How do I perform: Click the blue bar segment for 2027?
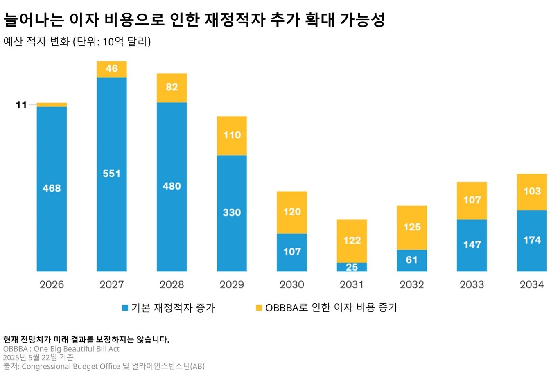pyautogui.click(x=111, y=174)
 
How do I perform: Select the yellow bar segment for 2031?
pyautogui.click(x=352, y=241)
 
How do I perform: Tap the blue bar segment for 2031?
pyautogui.click(x=352, y=267)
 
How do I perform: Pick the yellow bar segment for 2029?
pyautogui.click(x=232, y=135)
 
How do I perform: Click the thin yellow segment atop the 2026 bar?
pyautogui.click(x=52, y=105)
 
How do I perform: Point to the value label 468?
pyautogui.click(x=52, y=188)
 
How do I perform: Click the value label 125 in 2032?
pyautogui.click(x=412, y=227)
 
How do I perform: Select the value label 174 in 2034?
pyautogui.click(x=532, y=240)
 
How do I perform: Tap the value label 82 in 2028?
pyautogui.click(x=172, y=87)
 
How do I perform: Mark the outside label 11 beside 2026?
pyautogui.click(x=21, y=105)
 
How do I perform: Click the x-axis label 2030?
pyautogui.click(x=291, y=284)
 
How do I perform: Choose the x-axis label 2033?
pyautogui.click(x=472, y=284)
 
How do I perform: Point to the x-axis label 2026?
pyautogui.click(x=52, y=284)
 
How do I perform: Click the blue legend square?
pyautogui.click(x=125, y=308)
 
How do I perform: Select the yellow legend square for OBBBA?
pyautogui.click(x=259, y=308)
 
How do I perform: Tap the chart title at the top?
pyautogui.click(x=194, y=20)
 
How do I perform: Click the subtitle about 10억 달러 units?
pyautogui.click(x=77, y=42)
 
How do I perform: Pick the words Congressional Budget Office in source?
pyautogui.click(x=71, y=366)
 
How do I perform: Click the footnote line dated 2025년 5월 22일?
pyautogui.click(x=38, y=357)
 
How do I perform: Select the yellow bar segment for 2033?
pyautogui.click(x=472, y=201)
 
